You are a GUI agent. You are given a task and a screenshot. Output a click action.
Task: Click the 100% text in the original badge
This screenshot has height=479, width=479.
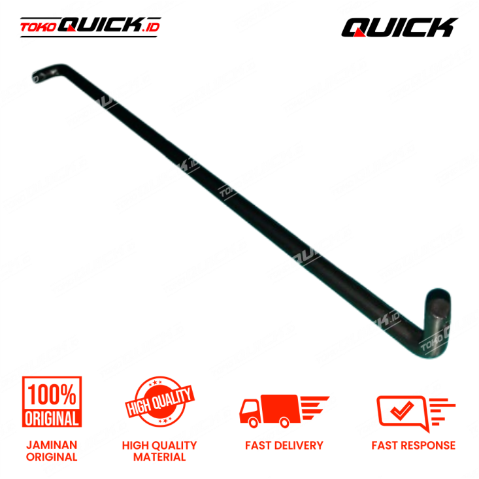[52, 394]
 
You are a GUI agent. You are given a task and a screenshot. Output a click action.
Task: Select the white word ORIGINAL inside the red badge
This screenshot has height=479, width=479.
[52, 418]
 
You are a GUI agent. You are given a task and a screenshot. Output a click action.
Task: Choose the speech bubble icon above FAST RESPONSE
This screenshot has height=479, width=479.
[405, 412]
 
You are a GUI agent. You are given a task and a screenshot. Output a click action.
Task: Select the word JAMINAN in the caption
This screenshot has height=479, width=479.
[52, 445]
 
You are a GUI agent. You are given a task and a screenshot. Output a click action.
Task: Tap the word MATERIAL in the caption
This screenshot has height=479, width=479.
[159, 457]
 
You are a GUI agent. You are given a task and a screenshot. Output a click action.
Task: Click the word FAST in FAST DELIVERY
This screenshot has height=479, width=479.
[259, 446]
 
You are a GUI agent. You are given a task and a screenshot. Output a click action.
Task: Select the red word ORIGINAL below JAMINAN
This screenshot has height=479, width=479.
[52, 457]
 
